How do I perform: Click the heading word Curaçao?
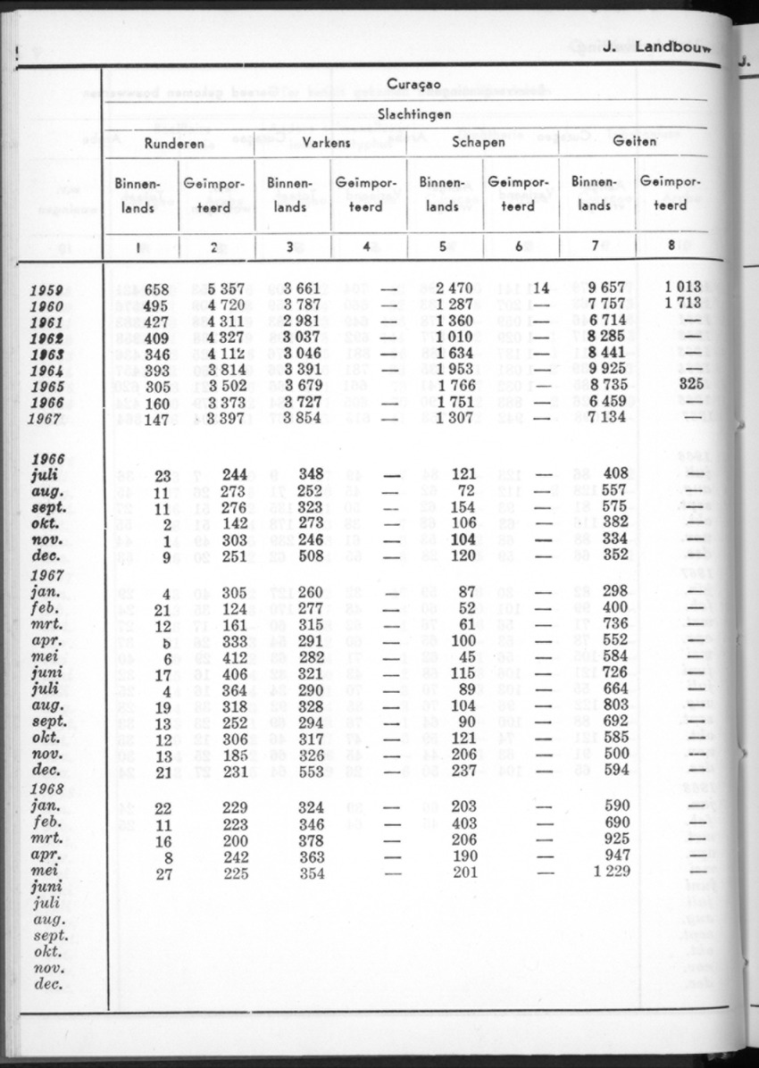click(413, 85)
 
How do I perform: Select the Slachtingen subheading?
click(413, 114)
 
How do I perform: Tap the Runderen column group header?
click(175, 143)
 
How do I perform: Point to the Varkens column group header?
click(327, 143)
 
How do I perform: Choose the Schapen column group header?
click(479, 142)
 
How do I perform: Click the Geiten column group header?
click(635, 141)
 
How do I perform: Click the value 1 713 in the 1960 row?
click(685, 305)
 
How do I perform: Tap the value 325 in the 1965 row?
click(691, 385)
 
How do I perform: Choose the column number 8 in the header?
click(671, 247)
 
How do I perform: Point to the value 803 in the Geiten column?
click(615, 706)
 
